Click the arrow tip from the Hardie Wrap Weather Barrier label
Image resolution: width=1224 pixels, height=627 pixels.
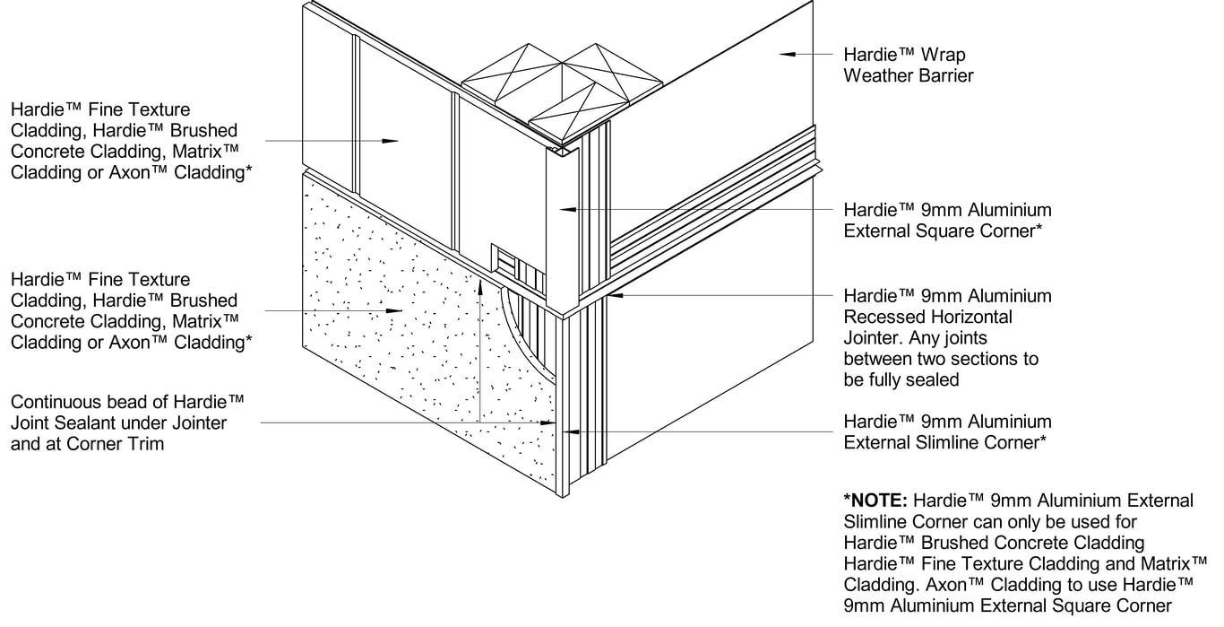coord(780,54)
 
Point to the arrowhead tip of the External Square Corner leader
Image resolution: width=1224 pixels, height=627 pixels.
coord(559,210)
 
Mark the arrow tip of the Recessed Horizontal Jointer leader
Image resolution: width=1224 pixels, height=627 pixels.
coord(608,295)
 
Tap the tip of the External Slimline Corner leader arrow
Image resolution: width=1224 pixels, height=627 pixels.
coord(563,432)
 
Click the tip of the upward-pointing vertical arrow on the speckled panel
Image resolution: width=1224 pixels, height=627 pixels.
coord(479,280)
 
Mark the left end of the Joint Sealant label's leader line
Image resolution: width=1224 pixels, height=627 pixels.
coord(261,422)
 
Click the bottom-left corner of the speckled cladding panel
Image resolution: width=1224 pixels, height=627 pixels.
coord(303,345)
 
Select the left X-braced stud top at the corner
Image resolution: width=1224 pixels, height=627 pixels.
coord(512,74)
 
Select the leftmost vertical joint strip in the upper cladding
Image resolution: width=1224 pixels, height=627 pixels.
coord(356,114)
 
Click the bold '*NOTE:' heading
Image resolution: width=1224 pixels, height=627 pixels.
coord(875,501)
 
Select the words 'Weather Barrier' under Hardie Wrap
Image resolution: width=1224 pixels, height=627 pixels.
coord(909,75)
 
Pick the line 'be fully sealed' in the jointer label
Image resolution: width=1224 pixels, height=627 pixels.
coord(901,379)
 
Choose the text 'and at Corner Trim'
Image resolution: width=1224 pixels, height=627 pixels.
coord(88,444)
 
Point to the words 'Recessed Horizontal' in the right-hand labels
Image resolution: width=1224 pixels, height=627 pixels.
coord(928,317)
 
